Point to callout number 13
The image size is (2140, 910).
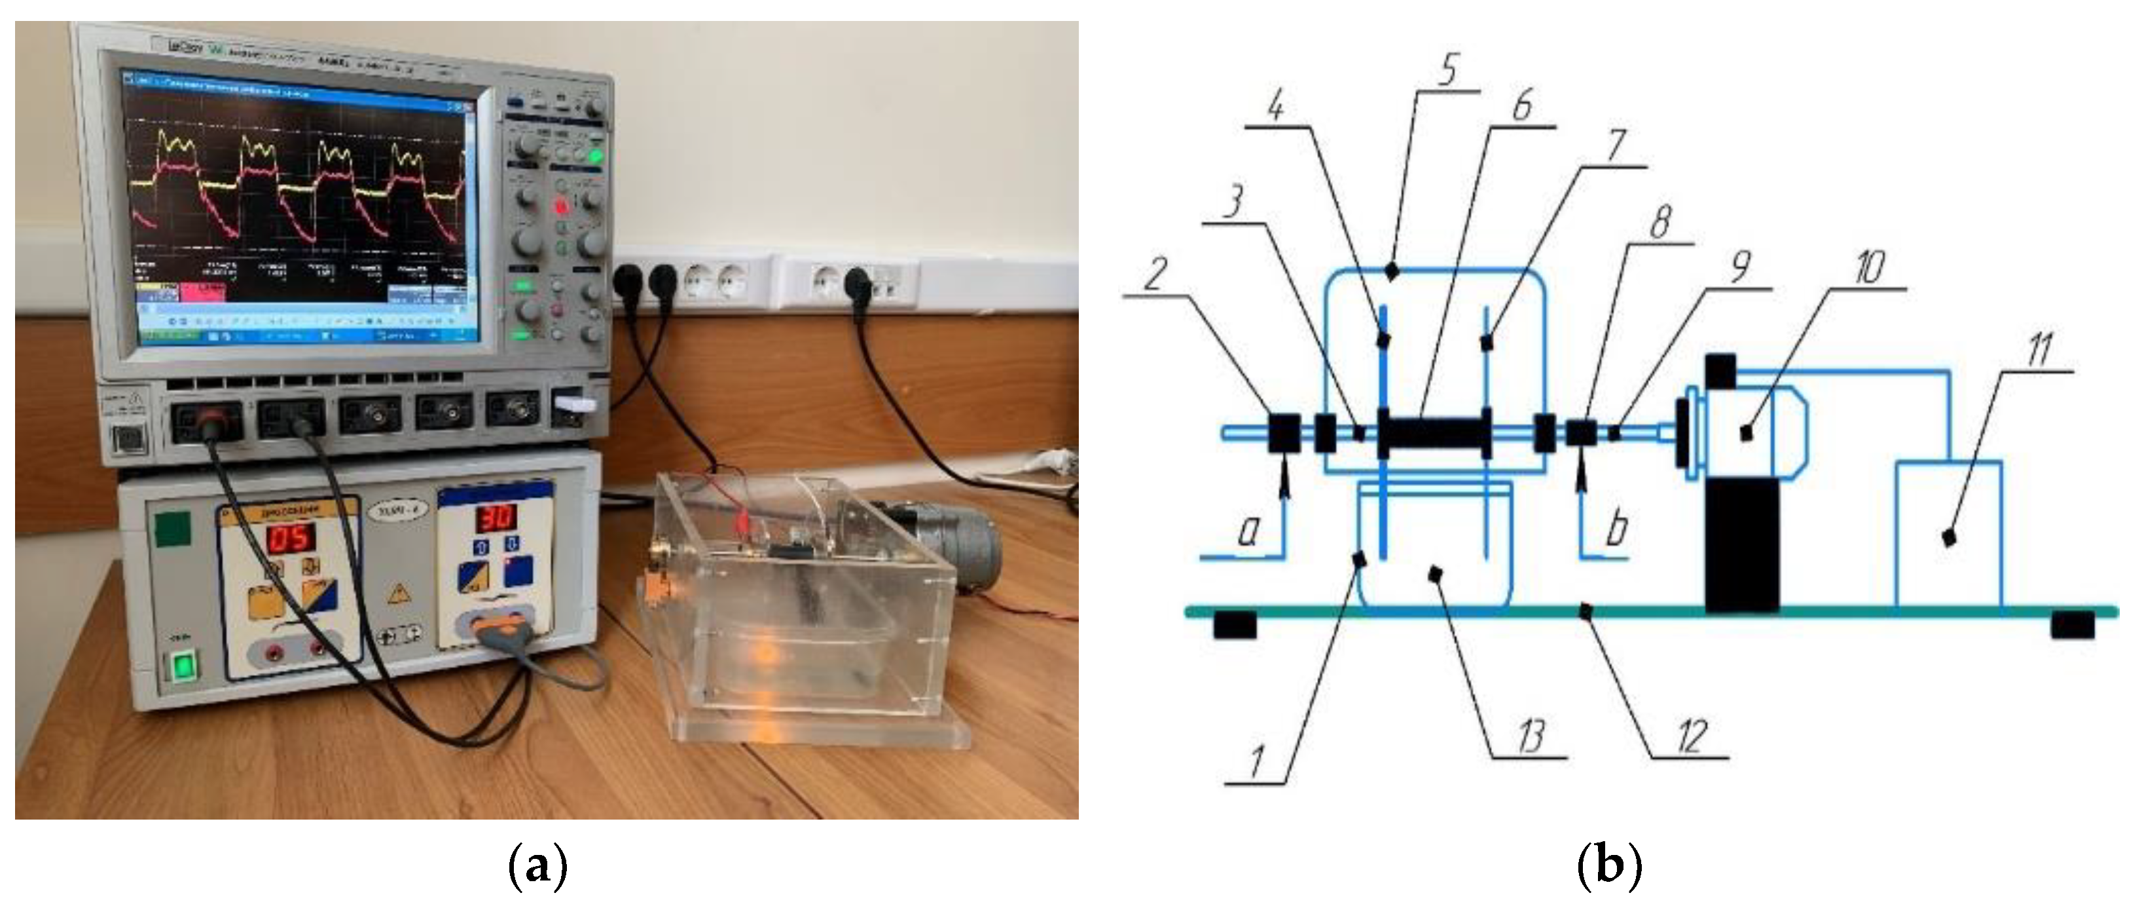[1531, 736]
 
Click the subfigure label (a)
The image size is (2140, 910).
[537, 866]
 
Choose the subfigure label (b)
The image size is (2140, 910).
[1608, 866]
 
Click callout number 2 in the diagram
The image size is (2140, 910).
[1155, 273]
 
